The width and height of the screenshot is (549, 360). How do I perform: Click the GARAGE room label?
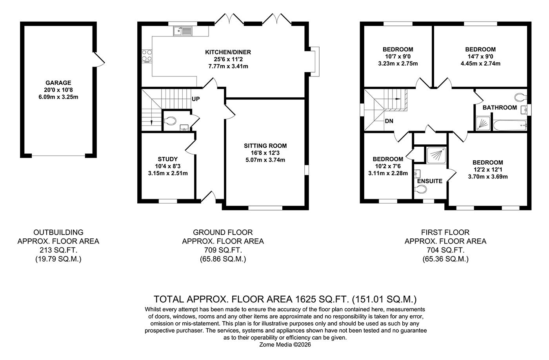[58, 83]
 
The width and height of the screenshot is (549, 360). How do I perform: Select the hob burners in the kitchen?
[147, 56]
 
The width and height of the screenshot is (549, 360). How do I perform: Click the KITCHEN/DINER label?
[228, 52]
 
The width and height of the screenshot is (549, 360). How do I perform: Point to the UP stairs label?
[196, 99]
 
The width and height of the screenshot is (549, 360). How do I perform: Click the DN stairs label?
[389, 121]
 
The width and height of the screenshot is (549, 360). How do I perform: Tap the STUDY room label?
[167, 159]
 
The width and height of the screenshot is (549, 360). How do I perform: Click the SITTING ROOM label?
[265, 146]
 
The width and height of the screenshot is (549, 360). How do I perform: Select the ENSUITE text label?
[430, 181]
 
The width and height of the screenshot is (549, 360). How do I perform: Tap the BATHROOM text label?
[499, 107]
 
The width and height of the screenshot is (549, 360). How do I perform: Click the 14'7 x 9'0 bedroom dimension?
[480, 56]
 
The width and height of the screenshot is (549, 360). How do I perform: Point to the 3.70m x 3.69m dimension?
[487, 176]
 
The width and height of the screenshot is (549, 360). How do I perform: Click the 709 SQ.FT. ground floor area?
[223, 250]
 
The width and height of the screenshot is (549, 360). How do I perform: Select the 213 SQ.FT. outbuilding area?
[58, 250]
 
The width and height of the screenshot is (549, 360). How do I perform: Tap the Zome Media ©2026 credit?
[285, 344]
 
